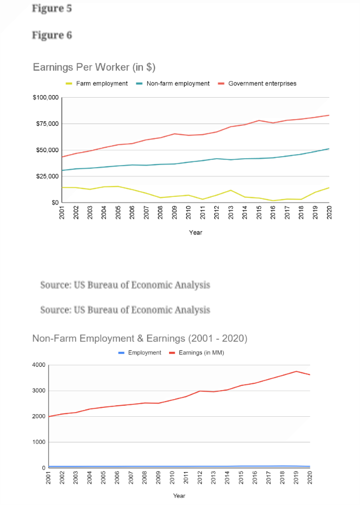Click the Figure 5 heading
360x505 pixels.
[x=52, y=8]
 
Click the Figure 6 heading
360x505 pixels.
[x=52, y=35]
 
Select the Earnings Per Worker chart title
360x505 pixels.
[x=94, y=67]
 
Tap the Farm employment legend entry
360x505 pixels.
[x=97, y=84]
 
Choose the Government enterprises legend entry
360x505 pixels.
[x=257, y=84]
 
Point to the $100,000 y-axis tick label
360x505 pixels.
[x=46, y=97]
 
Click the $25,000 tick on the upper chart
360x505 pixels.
[x=47, y=176]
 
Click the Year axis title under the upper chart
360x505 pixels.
[x=196, y=232]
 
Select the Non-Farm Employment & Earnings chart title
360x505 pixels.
[x=140, y=338]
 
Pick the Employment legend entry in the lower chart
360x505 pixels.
[x=140, y=353]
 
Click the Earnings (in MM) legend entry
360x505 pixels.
[x=197, y=353]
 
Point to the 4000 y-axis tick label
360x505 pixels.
[x=39, y=365]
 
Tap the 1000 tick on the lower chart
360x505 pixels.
[x=39, y=442]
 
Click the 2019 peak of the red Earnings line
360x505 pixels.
[x=296, y=371]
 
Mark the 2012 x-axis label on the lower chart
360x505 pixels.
[x=200, y=478]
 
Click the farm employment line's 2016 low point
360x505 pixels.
[x=273, y=201]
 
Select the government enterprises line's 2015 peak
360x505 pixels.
[x=259, y=121]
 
